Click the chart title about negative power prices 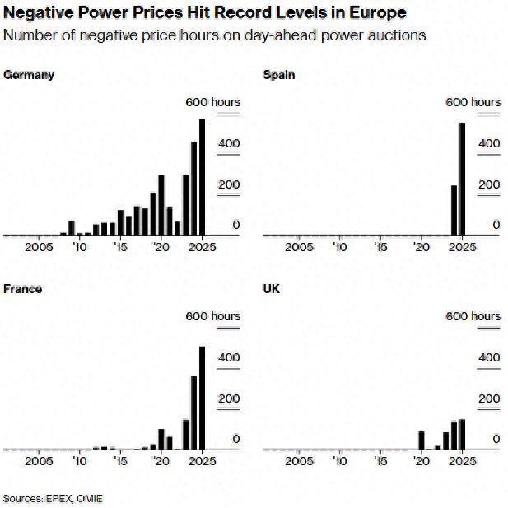[204, 13]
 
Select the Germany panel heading [29, 75]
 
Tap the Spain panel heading [278, 75]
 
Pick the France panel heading [23, 289]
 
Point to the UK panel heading [271, 289]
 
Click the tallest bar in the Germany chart [203, 177]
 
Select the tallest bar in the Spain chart [462, 179]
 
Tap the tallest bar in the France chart [203, 398]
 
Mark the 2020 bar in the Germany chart [161, 205]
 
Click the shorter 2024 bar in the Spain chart [454, 210]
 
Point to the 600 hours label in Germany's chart [212, 102]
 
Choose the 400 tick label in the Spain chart [489, 143]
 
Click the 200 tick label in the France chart [229, 398]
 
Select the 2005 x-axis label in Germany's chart [39, 246]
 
